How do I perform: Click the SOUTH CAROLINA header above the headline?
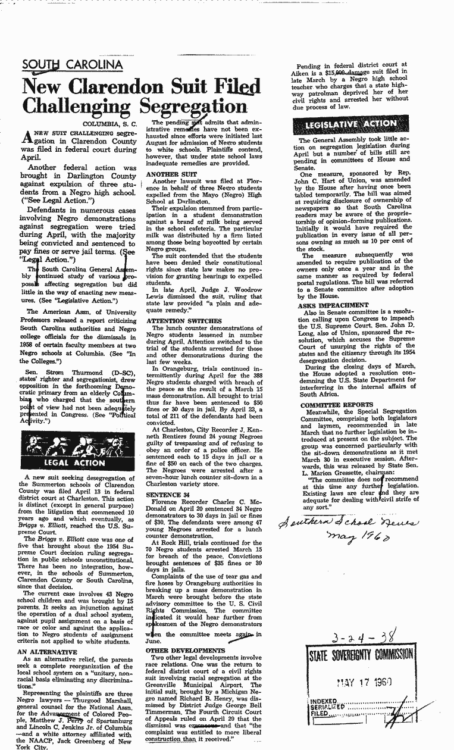(72, 64)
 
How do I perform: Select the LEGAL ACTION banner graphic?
(72, 454)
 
